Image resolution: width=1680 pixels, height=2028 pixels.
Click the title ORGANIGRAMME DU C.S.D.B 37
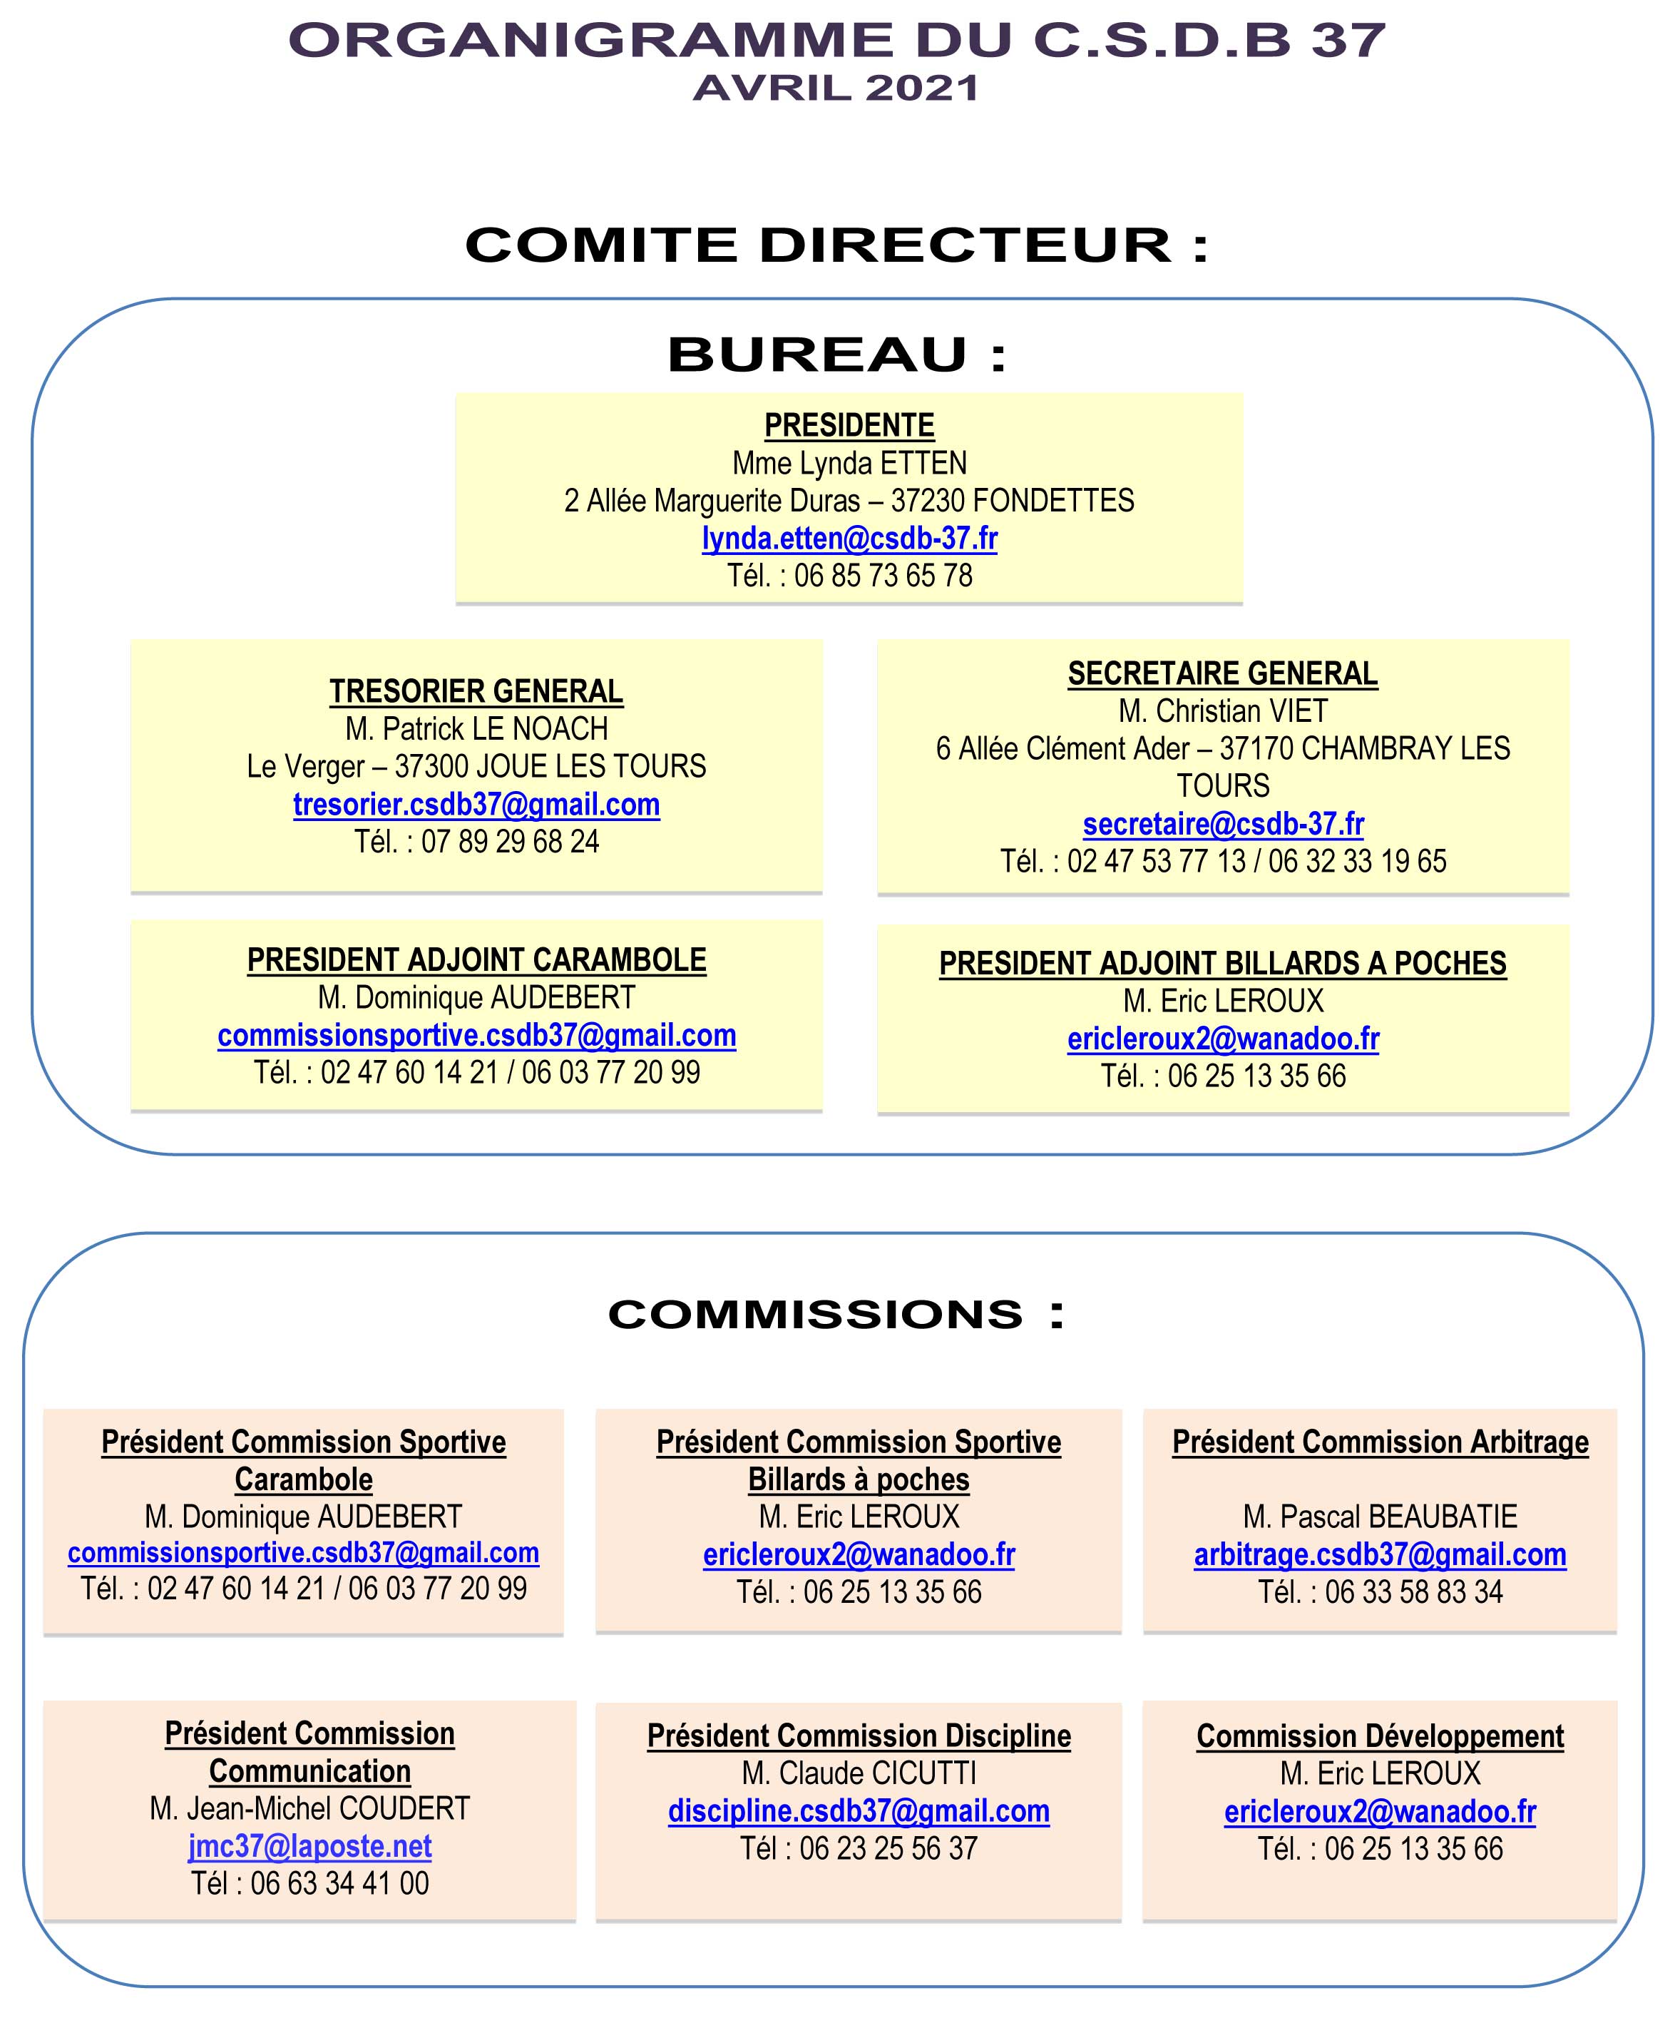[x=837, y=41]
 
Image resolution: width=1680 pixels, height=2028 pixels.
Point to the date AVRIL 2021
[x=837, y=89]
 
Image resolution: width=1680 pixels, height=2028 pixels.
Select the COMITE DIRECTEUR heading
[x=837, y=245]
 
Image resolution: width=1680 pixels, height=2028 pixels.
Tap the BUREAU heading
[x=837, y=355]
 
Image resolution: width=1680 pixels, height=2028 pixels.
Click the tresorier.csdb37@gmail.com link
[x=477, y=805]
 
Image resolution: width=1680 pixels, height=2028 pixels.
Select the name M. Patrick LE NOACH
[x=477, y=729]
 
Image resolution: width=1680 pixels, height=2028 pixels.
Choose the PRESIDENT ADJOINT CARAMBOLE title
[x=477, y=961]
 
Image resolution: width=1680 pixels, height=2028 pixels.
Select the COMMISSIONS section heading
[x=837, y=1315]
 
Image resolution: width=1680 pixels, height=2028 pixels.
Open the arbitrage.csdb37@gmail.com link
[x=1381, y=1555]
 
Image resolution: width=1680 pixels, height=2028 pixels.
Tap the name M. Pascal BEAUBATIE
[x=1381, y=1517]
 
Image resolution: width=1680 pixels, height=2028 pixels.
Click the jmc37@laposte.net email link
[x=310, y=1846]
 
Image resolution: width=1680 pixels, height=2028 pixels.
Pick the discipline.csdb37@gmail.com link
[x=859, y=1812]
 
